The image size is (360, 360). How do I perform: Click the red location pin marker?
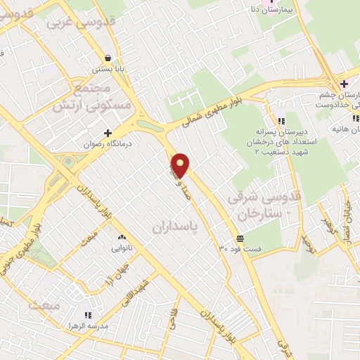pos(181,165)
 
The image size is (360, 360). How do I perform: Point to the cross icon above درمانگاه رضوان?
pos(108,132)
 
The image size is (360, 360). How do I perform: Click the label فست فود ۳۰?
pos(240,249)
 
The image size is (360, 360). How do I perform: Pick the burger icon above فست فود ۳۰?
pos(240,238)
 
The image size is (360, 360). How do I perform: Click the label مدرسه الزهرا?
pos(87,327)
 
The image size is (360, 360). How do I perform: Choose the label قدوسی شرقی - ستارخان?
pos(255,205)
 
